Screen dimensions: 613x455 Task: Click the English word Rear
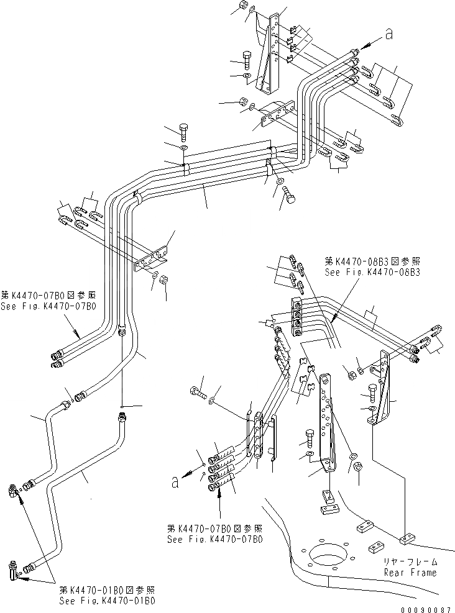[394, 572]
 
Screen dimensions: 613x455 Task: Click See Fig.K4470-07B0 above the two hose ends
[48, 307]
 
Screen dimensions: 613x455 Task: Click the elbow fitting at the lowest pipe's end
[13, 570]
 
